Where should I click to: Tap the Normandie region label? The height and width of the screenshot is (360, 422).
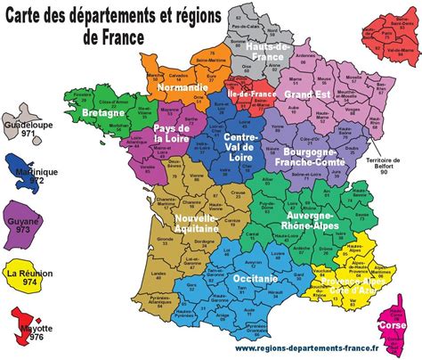coord(182,89)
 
